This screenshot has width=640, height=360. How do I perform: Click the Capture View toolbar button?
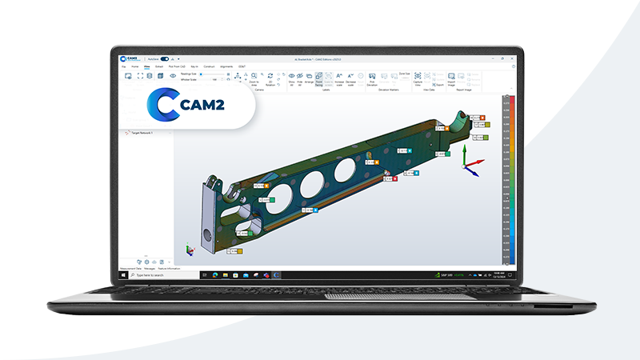coord(418,78)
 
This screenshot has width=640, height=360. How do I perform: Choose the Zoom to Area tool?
coord(253,78)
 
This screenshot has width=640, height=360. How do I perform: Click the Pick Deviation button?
coord(372,78)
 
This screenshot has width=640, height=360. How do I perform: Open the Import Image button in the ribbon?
coord(451,78)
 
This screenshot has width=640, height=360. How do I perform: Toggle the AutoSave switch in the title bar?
coord(164,58)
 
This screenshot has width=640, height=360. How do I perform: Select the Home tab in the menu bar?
coord(134,66)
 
